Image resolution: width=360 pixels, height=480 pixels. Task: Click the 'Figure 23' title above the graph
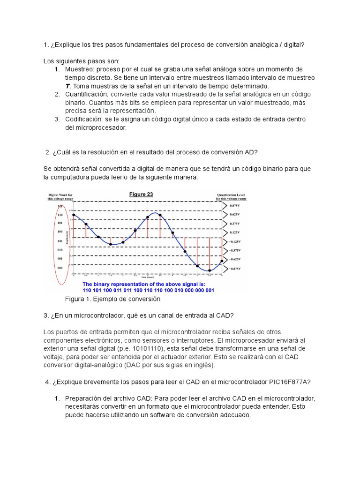[x=142, y=194]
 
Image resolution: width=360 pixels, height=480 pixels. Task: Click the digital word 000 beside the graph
[x=60, y=268]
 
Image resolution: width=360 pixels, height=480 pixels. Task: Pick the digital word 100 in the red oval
[x=60, y=232]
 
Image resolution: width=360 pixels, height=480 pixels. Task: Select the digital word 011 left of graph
[x=60, y=241]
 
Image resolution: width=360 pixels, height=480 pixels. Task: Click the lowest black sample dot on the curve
[x=210, y=270]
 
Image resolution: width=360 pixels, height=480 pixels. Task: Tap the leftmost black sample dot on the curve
[x=74, y=214]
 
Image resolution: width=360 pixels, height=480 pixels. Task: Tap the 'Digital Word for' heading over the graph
[x=60, y=195]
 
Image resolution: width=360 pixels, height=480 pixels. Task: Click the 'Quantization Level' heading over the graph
[x=231, y=195]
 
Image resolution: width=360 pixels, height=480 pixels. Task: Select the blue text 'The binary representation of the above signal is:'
[x=144, y=284]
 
